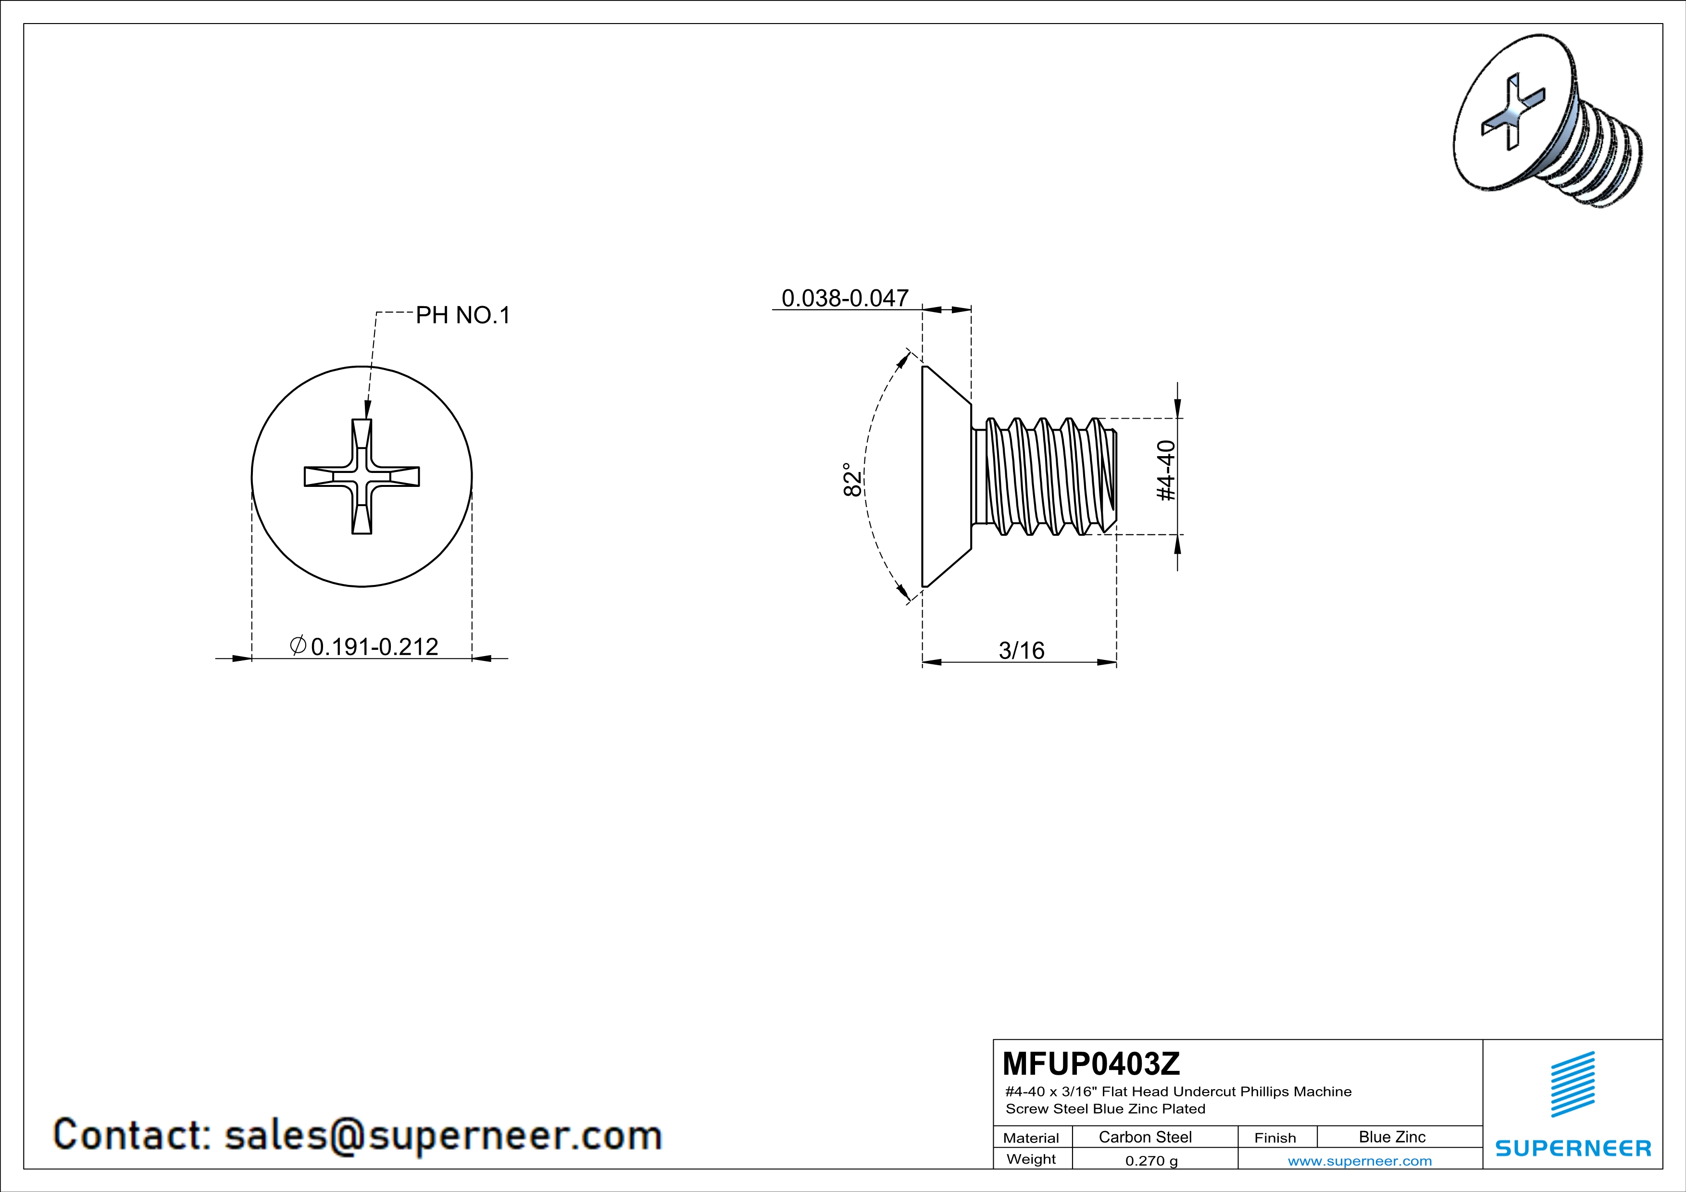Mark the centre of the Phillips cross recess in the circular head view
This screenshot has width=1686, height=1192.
pos(362,476)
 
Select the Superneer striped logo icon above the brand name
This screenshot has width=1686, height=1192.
pos(1573,1084)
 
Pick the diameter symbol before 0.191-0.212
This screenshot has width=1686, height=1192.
pos(298,646)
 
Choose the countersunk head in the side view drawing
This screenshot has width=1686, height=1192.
pos(947,476)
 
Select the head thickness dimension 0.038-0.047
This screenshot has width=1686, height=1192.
pos(845,298)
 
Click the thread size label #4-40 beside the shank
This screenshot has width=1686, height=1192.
pos(1166,471)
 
